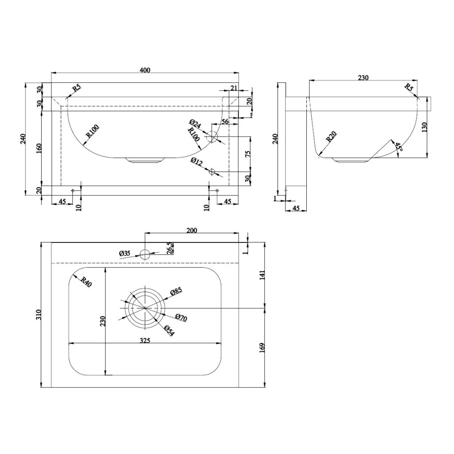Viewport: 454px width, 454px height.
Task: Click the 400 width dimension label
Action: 145,70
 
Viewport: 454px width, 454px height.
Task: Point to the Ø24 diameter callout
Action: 195,124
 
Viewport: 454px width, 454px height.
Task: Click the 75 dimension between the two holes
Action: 248,154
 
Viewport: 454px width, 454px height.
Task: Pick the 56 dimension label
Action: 225,121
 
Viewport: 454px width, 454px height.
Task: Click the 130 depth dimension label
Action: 424,127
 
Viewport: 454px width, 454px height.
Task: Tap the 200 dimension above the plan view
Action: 192,230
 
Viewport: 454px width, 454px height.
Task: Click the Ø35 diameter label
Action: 125,254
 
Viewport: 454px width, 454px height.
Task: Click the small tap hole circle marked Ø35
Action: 145,254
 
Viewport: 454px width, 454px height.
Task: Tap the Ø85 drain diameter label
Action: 176,291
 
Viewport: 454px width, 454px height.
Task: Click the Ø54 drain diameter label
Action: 168,331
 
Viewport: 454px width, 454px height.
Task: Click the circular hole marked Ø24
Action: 214,137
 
